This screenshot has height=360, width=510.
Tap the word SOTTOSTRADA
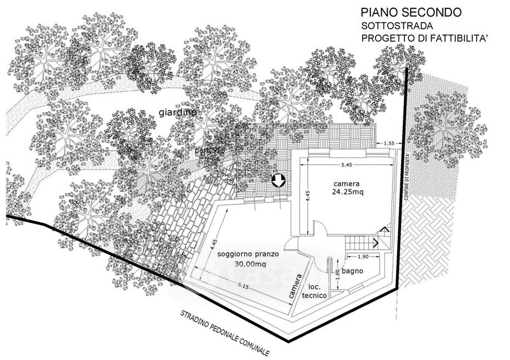(x=397, y=26)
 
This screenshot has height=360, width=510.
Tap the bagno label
(x=352, y=271)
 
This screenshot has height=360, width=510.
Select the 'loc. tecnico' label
(x=317, y=292)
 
